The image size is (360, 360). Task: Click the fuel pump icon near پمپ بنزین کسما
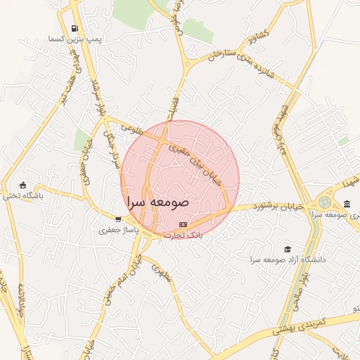pos(74,29)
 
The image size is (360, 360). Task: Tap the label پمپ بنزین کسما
pos(75,40)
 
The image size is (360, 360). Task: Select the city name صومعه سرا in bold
pos(159,201)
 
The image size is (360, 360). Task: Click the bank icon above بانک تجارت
pos(184,224)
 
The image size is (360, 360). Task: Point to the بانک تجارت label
pos(184,236)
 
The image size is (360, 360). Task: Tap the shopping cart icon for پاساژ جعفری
pos(117,219)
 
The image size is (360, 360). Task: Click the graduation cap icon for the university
pos(287,249)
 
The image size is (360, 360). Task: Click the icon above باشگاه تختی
pos(23,185)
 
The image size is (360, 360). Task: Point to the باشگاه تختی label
pos(23,196)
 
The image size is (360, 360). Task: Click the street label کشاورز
pos(253,34)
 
